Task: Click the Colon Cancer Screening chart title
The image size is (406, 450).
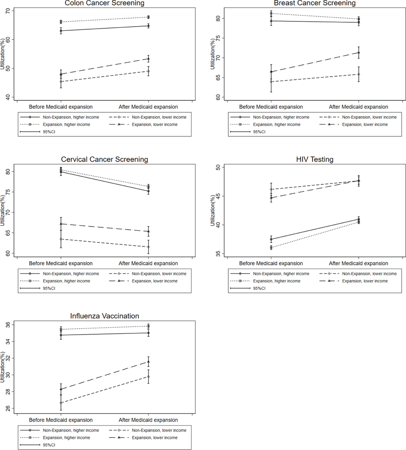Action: pyautogui.click(x=104, y=3)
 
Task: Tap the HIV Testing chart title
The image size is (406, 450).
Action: pyautogui.click(x=315, y=160)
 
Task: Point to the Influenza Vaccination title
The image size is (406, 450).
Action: pyautogui.click(x=104, y=316)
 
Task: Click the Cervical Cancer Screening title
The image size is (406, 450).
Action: pyautogui.click(x=104, y=160)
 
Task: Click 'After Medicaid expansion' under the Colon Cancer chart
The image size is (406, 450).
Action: pyautogui.click(x=148, y=107)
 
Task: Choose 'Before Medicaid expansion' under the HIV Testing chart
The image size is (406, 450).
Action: pyautogui.click(x=271, y=264)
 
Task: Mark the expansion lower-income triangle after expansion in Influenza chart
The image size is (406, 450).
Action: pyautogui.click(x=148, y=361)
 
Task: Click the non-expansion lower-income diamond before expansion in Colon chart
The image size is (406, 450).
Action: pyautogui.click(x=61, y=81)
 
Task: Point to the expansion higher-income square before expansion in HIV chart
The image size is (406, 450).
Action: pyautogui.click(x=271, y=248)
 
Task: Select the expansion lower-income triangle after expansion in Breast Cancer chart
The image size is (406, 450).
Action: pyautogui.click(x=359, y=52)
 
